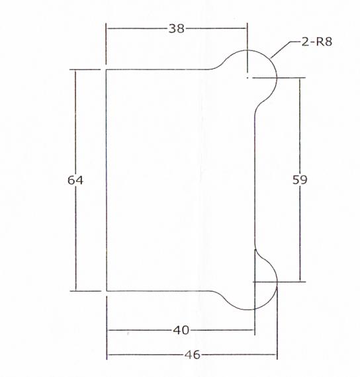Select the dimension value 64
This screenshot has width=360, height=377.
pyautogui.click(x=75, y=179)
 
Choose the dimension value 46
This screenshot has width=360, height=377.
pyautogui.click(x=192, y=355)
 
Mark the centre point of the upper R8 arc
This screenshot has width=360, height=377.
pyautogui.click(x=247, y=78)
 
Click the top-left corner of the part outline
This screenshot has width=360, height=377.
pyautogui.click(x=107, y=69)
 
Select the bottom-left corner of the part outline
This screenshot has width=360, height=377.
pyautogui.click(x=107, y=290)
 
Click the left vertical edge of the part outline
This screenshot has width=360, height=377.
pyautogui.click(x=107, y=179)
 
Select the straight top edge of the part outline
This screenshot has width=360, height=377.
pyautogui.click(x=159, y=69)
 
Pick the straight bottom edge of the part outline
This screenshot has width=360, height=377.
pyautogui.click(x=159, y=290)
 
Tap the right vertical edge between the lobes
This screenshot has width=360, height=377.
pyautogui.click(x=255, y=179)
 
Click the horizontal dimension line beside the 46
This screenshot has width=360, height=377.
pyautogui.click(x=146, y=355)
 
